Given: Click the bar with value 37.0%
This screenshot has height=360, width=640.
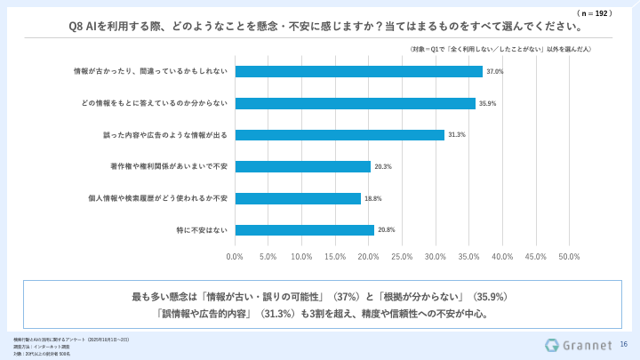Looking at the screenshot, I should (358, 71).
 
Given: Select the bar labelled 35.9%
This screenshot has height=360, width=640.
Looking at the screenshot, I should (355, 103).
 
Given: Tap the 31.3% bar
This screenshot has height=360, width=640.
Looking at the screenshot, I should (340, 135).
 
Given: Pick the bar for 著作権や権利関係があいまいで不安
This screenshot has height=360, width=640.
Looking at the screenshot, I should (302, 166).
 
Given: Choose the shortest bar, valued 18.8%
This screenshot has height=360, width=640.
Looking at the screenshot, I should (298, 198).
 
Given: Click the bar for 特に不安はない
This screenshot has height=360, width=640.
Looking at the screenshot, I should (304, 230).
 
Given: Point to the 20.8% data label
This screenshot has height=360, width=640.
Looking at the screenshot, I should (386, 230).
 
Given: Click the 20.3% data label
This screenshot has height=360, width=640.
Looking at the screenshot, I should (384, 166).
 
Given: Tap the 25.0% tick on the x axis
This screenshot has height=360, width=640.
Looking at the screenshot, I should (402, 257).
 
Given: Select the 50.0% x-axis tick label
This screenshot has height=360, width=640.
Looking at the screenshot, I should (569, 257).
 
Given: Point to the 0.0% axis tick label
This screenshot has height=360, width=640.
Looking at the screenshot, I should (235, 257).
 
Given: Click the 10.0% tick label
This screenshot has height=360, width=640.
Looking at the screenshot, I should (301, 257).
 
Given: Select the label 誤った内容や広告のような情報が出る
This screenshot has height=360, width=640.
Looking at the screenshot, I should (165, 135).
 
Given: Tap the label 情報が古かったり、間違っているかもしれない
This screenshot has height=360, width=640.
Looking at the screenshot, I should (151, 71).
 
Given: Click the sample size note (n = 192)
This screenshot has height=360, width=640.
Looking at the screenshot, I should (595, 14).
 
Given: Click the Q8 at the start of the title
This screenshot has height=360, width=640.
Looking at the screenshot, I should (77, 26).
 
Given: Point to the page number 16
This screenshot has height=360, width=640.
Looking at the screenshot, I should (623, 344).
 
